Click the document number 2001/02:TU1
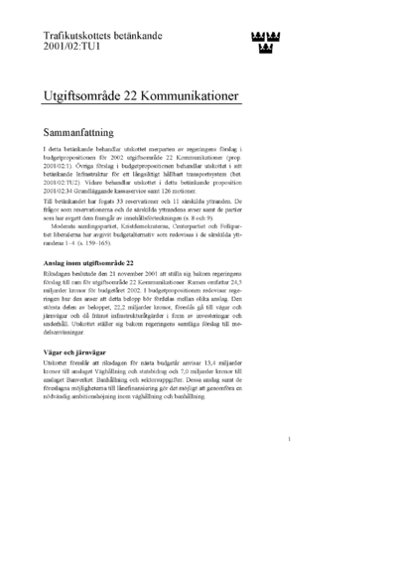tap(72, 45)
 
